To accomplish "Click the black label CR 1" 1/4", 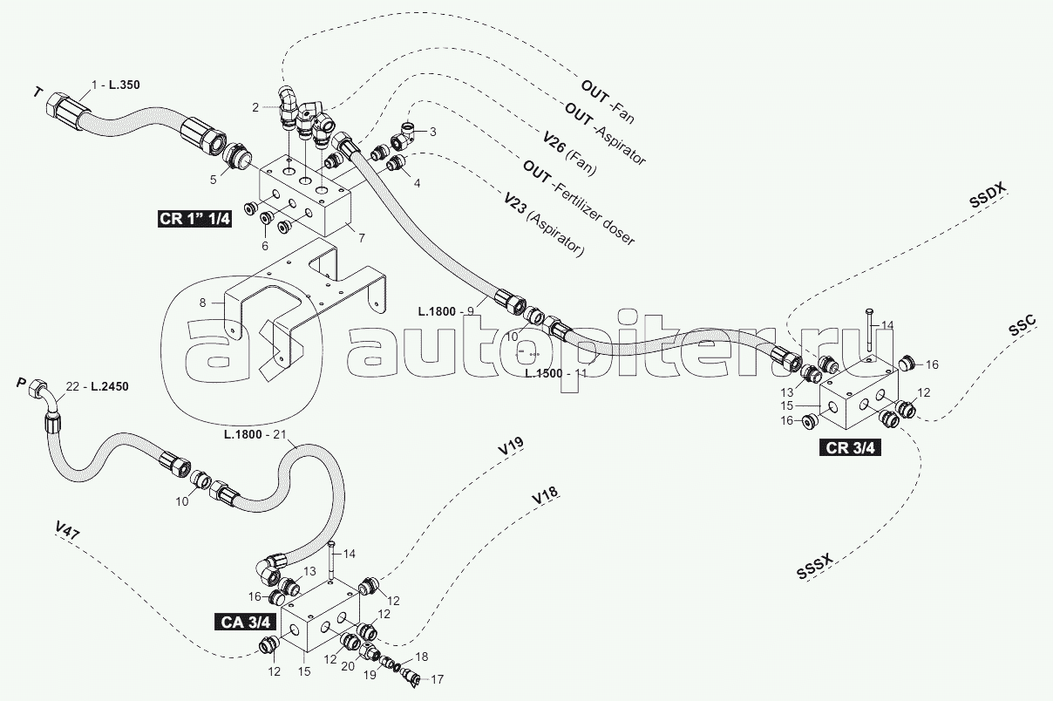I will coord(194,218).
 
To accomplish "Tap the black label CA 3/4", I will coord(248,622).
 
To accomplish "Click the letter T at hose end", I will coord(37,92).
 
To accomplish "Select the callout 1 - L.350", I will coord(115,85).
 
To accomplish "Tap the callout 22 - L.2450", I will coord(97,387).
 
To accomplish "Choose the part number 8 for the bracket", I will coord(202,303).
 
